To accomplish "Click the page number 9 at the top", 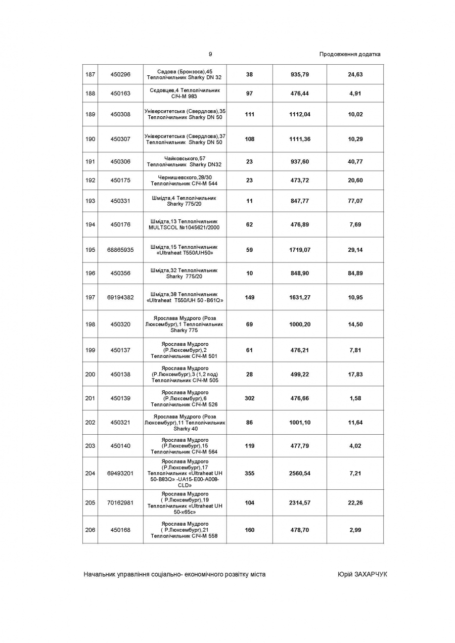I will [210, 54].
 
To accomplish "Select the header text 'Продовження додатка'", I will [350, 54].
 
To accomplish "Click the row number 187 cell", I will [90, 74].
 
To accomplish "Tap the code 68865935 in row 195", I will [120, 250].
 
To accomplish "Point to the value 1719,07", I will [300, 250].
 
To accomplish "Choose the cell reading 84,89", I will [355, 273].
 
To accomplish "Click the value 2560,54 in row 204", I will [300, 473].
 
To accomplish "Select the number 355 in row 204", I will [249, 473].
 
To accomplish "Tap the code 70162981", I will [120, 502].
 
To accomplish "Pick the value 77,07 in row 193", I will [355, 201].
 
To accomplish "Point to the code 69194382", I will [120, 297].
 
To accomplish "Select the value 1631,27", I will [300, 297].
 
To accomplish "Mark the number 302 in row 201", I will [249, 398].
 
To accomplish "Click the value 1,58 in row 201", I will [355, 398].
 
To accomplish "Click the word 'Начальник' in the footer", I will [99, 574].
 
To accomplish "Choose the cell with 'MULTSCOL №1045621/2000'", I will [185, 227].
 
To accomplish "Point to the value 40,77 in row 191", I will [355, 162].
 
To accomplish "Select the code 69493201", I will [120, 473].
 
